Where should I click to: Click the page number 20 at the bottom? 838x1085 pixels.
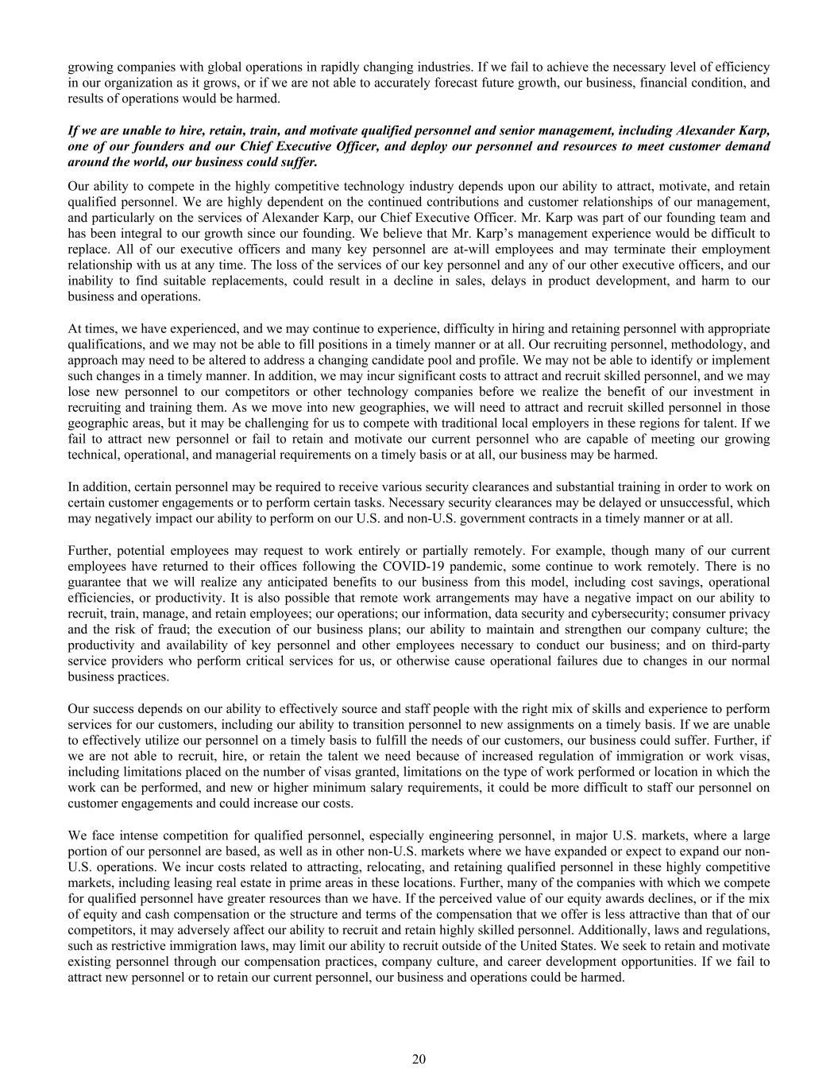[419, 1059]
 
